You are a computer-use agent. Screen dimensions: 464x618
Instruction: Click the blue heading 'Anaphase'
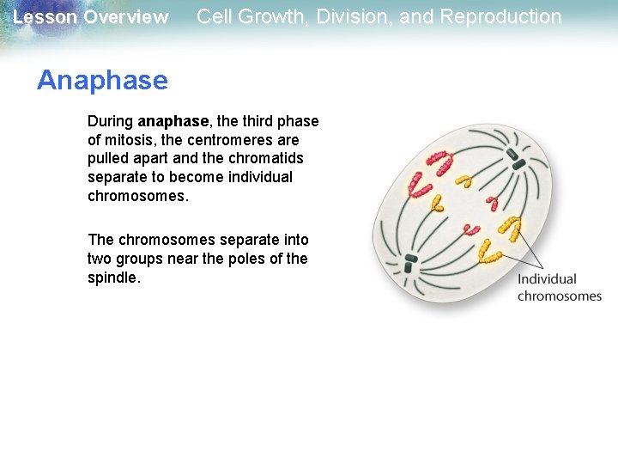coord(102,81)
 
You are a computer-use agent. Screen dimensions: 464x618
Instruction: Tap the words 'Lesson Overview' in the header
coord(91,17)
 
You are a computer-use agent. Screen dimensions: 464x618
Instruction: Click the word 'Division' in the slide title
coord(346,16)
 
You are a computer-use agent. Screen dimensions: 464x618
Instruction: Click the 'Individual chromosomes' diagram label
coord(559,287)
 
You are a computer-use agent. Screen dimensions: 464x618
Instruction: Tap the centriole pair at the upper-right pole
coord(517,159)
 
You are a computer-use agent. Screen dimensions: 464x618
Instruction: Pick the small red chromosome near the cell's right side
coord(492,203)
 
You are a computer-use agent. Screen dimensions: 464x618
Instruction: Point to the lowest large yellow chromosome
coord(491,253)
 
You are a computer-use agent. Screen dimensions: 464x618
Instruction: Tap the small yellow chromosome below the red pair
coord(437,204)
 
